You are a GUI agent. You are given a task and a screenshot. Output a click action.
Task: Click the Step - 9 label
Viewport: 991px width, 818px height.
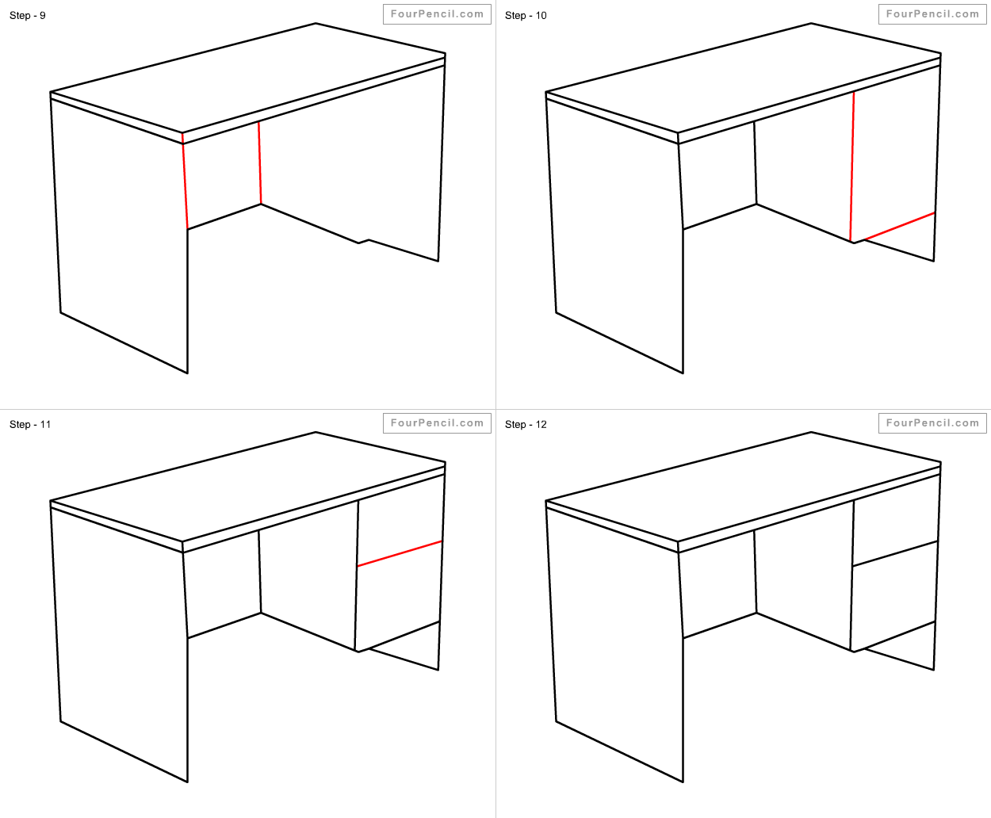tap(28, 16)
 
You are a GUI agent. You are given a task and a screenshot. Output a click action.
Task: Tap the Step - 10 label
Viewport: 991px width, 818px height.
tap(526, 16)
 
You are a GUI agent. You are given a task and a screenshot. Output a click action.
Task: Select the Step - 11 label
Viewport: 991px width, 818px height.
tap(30, 424)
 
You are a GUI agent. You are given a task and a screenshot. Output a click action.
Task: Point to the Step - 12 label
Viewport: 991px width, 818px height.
tap(526, 424)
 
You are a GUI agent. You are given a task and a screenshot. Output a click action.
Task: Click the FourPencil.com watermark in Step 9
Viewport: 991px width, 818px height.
tap(437, 14)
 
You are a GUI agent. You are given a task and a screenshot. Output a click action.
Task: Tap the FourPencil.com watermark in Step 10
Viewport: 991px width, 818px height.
tap(932, 14)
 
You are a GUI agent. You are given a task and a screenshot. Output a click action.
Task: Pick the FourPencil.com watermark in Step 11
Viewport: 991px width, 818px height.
tap(437, 423)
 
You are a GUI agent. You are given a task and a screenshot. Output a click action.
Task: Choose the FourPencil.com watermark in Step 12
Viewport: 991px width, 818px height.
tap(932, 423)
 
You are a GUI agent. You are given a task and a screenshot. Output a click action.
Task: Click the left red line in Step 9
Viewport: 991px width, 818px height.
tap(185, 182)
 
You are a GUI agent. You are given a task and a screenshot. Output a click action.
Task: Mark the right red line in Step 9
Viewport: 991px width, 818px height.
tap(259, 163)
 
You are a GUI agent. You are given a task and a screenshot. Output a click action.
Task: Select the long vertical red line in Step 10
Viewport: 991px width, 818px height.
tap(852, 167)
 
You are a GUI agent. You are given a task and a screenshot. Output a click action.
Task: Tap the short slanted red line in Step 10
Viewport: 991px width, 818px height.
tap(899, 227)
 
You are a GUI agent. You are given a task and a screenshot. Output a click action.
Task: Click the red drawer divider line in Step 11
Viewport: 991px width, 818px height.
tap(400, 553)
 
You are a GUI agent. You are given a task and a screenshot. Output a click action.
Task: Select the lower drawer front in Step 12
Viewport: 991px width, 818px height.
tap(893, 597)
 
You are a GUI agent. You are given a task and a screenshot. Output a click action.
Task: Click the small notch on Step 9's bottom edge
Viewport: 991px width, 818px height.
tap(364, 242)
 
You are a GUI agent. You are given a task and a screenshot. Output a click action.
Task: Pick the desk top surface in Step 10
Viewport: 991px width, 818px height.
tap(744, 78)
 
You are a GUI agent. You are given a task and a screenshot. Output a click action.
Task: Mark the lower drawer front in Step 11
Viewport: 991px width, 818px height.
tap(399, 597)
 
